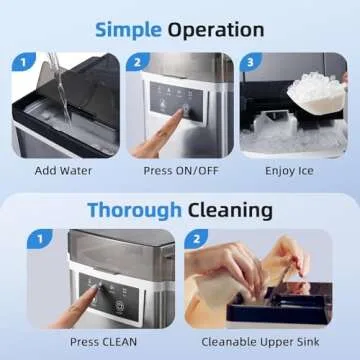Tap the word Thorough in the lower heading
click(x=131, y=210)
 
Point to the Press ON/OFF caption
click(x=180, y=171)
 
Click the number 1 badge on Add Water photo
click(x=17, y=62)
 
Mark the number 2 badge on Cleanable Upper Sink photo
click(x=195, y=241)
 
